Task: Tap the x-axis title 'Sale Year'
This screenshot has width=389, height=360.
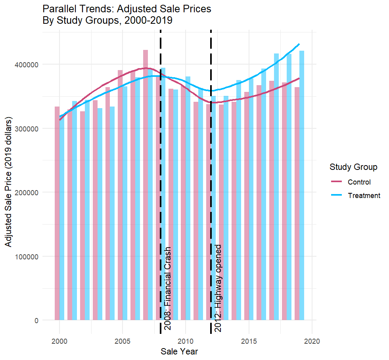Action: click(179, 351)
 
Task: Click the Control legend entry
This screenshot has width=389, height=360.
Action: click(358, 182)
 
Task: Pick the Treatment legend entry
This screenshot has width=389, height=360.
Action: click(364, 195)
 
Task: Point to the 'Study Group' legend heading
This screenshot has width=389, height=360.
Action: click(353, 167)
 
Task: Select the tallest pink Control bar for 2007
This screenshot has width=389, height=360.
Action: click(146, 186)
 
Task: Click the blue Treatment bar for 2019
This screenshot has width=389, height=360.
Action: click(302, 186)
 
